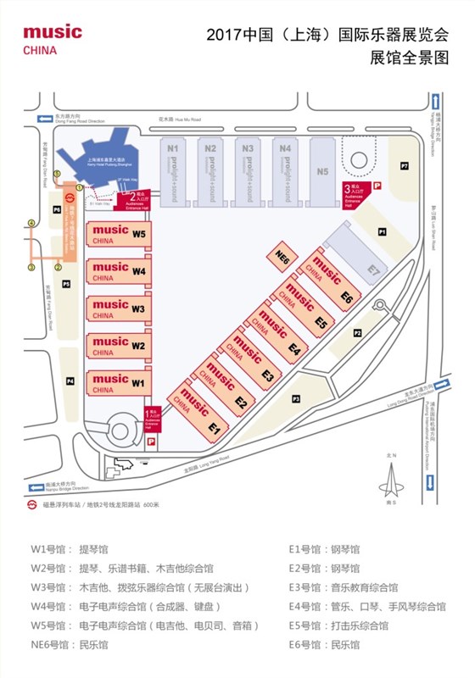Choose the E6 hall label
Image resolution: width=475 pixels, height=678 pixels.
(346, 297)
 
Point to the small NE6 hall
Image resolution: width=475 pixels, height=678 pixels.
(284, 253)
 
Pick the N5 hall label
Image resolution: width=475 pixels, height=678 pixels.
(321, 172)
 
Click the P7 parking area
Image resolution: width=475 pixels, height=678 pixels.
(405, 164)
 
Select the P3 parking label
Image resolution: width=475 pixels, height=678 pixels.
(297, 398)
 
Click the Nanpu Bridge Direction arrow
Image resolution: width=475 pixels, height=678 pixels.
(37, 486)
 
